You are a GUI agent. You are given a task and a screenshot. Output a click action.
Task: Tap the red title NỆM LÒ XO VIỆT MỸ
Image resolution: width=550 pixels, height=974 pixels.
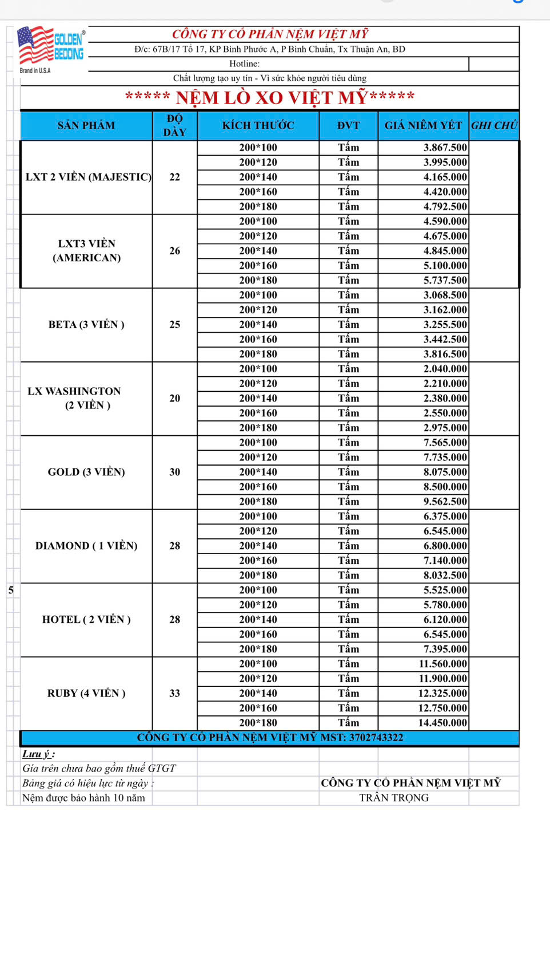click(x=270, y=98)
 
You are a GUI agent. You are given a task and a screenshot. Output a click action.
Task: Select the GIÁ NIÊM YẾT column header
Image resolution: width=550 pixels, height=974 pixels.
click(x=423, y=126)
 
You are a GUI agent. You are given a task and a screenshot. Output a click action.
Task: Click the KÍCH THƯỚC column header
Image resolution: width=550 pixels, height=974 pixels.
click(x=258, y=126)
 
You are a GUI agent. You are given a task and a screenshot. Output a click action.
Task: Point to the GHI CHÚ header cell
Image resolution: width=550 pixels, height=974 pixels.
click(x=493, y=126)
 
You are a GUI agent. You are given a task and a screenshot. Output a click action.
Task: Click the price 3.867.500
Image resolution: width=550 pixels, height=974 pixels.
click(x=445, y=148)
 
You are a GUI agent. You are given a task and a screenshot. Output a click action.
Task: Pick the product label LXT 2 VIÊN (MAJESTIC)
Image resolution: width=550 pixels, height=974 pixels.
click(x=88, y=177)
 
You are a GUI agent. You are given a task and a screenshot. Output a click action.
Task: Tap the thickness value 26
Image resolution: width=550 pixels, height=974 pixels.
click(x=174, y=251)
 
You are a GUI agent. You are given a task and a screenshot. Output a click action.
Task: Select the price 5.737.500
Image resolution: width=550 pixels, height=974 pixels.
click(x=445, y=280)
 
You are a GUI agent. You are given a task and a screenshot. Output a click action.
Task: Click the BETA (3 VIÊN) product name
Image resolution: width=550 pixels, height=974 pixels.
click(x=86, y=325)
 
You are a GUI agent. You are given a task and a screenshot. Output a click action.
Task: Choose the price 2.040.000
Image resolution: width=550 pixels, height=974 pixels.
click(x=445, y=369)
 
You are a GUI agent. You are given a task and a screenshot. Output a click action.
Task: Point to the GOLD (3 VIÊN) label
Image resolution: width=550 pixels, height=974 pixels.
click(x=86, y=472)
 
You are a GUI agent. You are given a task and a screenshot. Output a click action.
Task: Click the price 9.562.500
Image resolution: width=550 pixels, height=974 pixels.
click(x=445, y=502)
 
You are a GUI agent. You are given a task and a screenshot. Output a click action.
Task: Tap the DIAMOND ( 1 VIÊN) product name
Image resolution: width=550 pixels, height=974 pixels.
click(x=86, y=546)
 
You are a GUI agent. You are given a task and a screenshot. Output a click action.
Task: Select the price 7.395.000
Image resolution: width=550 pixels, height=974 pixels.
click(x=445, y=649)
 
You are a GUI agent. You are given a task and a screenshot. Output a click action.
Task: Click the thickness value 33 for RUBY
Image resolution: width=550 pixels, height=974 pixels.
click(x=174, y=694)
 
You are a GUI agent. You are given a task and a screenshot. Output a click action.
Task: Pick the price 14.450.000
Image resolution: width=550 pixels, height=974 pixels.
click(x=443, y=723)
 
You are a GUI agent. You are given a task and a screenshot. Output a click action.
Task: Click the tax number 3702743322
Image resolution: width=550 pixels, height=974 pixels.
click(x=376, y=738)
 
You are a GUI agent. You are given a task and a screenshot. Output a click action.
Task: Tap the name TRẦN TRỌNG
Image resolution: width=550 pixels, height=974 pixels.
click(x=394, y=798)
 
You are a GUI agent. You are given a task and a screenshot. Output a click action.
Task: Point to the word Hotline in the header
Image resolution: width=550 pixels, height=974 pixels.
click(x=244, y=64)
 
